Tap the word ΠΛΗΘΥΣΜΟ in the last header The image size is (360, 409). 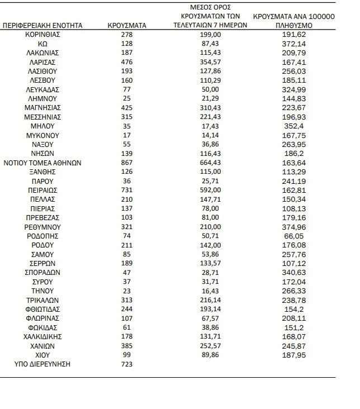point(294,25)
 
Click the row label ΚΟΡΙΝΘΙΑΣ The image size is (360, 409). point(42,35)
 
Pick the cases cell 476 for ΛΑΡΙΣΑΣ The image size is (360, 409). point(127,62)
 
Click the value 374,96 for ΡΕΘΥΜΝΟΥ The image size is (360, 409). point(294,227)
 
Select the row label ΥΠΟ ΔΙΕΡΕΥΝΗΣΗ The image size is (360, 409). point(42,365)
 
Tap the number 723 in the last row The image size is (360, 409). point(127,365)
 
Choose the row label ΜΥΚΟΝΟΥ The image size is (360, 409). point(42,136)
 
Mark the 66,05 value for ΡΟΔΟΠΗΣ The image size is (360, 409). point(294,236)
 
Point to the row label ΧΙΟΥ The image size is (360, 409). point(42,355)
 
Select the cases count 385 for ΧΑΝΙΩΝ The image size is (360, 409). point(127,346)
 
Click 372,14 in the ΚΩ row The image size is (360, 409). point(294,44)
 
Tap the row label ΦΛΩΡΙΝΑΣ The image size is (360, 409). point(42,318)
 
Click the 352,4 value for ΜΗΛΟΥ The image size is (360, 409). point(294,126)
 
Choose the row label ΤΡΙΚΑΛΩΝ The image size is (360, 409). point(42,301)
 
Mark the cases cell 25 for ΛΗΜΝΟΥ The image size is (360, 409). point(127,99)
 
